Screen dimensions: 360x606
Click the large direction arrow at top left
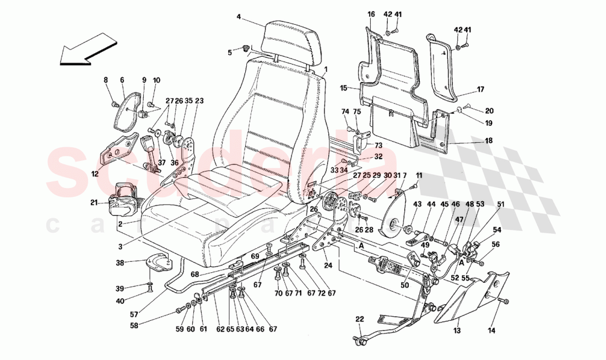88,48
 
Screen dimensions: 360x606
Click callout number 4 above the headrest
239,17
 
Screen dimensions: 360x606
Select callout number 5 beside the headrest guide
231,52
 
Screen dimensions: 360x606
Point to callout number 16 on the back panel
370,14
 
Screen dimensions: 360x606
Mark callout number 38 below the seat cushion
120,264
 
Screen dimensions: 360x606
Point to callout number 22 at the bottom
359,319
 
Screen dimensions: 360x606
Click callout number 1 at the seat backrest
326,69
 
